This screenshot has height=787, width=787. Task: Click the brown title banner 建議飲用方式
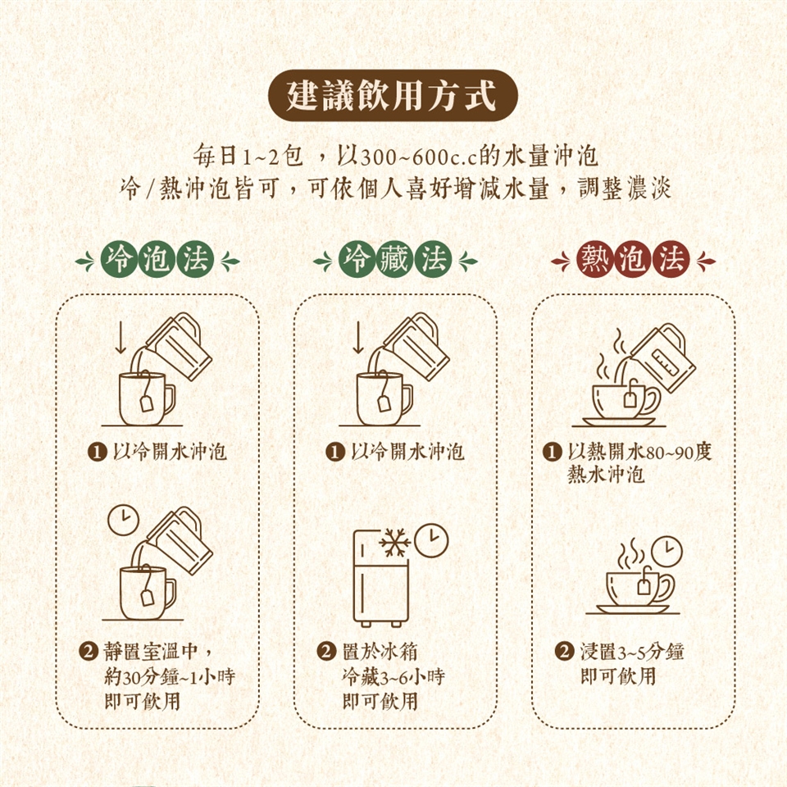pos(393,95)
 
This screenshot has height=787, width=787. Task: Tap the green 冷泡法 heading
pos(157,261)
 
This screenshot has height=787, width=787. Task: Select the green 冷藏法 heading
pos(395,261)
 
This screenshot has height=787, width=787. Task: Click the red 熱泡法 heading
pos(633,261)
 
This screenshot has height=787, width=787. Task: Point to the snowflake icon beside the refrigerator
pos(394,542)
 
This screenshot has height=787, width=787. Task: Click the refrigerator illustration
pos(380,578)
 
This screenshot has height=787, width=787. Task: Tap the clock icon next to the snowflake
pos(432,540)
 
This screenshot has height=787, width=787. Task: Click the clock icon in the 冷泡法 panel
pos(124,520)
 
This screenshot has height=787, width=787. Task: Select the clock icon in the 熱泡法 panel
pos(667,552)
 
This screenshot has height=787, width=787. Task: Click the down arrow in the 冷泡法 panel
pos(121,337)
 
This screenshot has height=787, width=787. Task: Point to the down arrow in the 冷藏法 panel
pos(358,337)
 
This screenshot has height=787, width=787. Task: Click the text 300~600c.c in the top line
pos(419,157)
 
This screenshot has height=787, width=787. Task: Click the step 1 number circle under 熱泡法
pos(552,452)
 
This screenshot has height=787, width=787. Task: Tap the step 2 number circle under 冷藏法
pos(326,652)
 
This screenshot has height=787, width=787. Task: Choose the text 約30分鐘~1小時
pos(170,676)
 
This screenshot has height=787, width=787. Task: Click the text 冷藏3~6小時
pos(393,676)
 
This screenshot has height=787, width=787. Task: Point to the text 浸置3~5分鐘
pos(632,652)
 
